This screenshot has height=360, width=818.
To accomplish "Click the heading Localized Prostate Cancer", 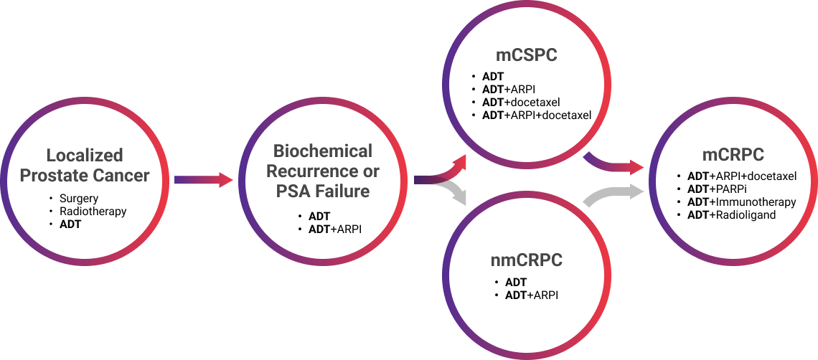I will click(85, 165).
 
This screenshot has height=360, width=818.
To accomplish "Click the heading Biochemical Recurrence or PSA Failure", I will click(323, 171).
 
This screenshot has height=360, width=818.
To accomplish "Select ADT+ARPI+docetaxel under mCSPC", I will click(537, 115).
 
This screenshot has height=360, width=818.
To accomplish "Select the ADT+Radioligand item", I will click(731, 215).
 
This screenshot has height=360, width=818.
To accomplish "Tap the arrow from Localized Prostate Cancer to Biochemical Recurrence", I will click(204, 180).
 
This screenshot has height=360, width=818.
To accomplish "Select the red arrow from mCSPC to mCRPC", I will click(613, 165).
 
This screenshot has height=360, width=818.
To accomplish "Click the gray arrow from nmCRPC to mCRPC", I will click(613, 194).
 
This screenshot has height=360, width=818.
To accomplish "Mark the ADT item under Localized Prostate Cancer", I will click(70, 224).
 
